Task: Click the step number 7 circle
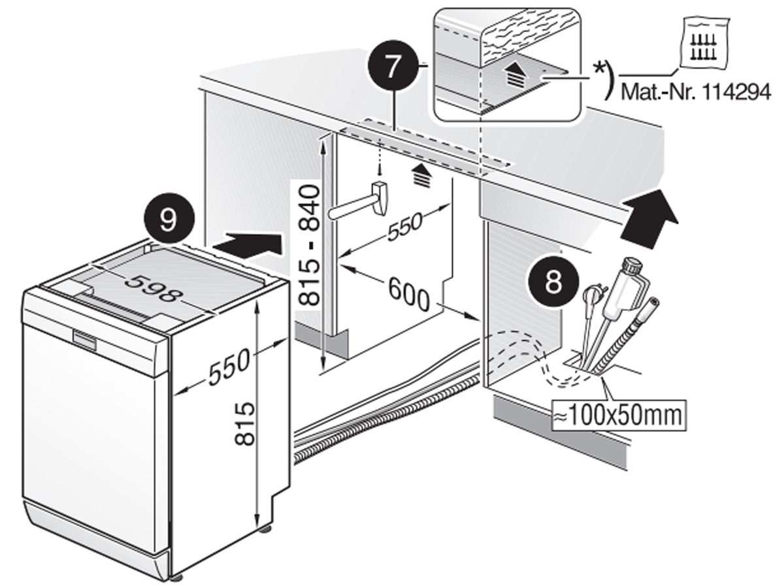point(391,68)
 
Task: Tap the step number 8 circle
point(553,282)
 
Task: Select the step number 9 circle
point(168,221)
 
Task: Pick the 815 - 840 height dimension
point(308,245)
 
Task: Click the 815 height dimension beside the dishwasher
point(244,424)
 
